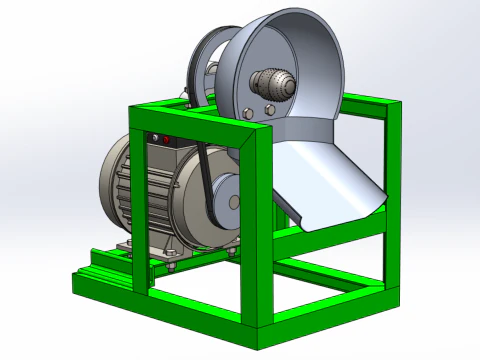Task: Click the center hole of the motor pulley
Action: click(x=234, y=201)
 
